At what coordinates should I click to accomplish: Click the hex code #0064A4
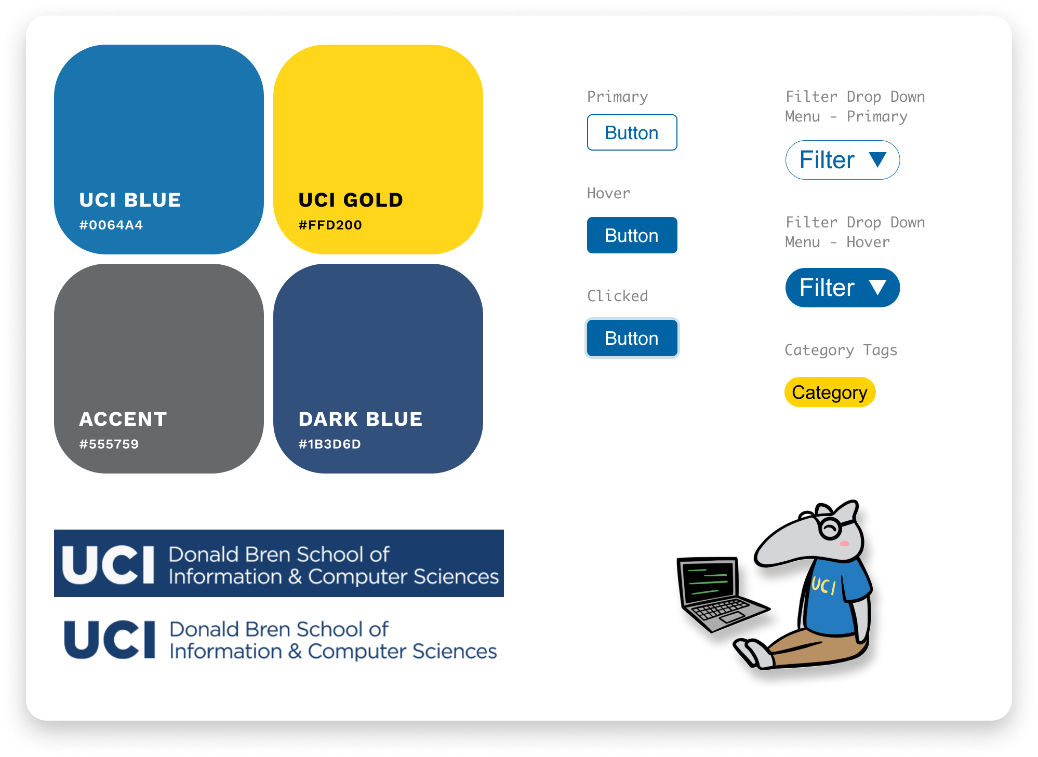click(111, 225)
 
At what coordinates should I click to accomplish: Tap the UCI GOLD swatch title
click(351, 200)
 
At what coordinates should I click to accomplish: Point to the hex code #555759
click(109, 444)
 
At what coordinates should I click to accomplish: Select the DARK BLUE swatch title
click(361, 419)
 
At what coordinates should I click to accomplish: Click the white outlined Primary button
click(632, 133)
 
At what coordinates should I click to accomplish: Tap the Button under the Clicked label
click(632, 339)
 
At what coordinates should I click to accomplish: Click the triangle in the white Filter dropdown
click(877, 159)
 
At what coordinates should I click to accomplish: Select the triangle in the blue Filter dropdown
click(877, 287)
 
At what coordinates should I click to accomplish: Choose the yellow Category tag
click(830, 393)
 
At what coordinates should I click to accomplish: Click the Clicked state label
click(617, 296)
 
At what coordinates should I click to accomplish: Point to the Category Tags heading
click(841, 350)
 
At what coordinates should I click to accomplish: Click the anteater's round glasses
click(830, 527)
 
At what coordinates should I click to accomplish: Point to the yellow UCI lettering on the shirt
click(824, 586)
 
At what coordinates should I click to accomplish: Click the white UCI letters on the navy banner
click(109, 565)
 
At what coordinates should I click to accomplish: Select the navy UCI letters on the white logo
click(110, 640)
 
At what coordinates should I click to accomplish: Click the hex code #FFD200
click(330, 225)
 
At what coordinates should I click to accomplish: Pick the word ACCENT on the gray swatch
click(123, 419)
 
